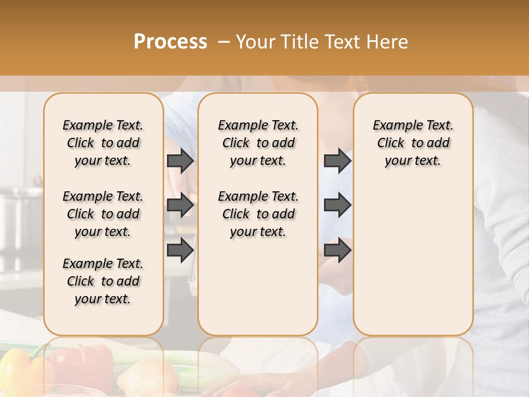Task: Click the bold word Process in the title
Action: (x=170, y=41)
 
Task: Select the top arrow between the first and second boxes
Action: (x=180, y=160)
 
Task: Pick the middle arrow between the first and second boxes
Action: (x=180, y=205)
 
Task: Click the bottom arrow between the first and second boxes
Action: (x=180, y=250)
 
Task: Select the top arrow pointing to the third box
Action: (x=337, y=160)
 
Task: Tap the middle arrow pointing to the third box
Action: (x=337, y=205)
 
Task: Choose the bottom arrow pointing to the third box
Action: (x=337, y=250)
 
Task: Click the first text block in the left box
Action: (x=103, y=143)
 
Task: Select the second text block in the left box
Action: (x=103, y=214)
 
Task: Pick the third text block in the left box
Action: (x=103, y=281)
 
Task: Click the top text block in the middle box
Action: (x=258, y=143)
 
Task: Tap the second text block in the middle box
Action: (x=258, y=214)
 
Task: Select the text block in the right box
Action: (x=413, y=143)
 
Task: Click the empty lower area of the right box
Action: (x=413, y=265)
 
